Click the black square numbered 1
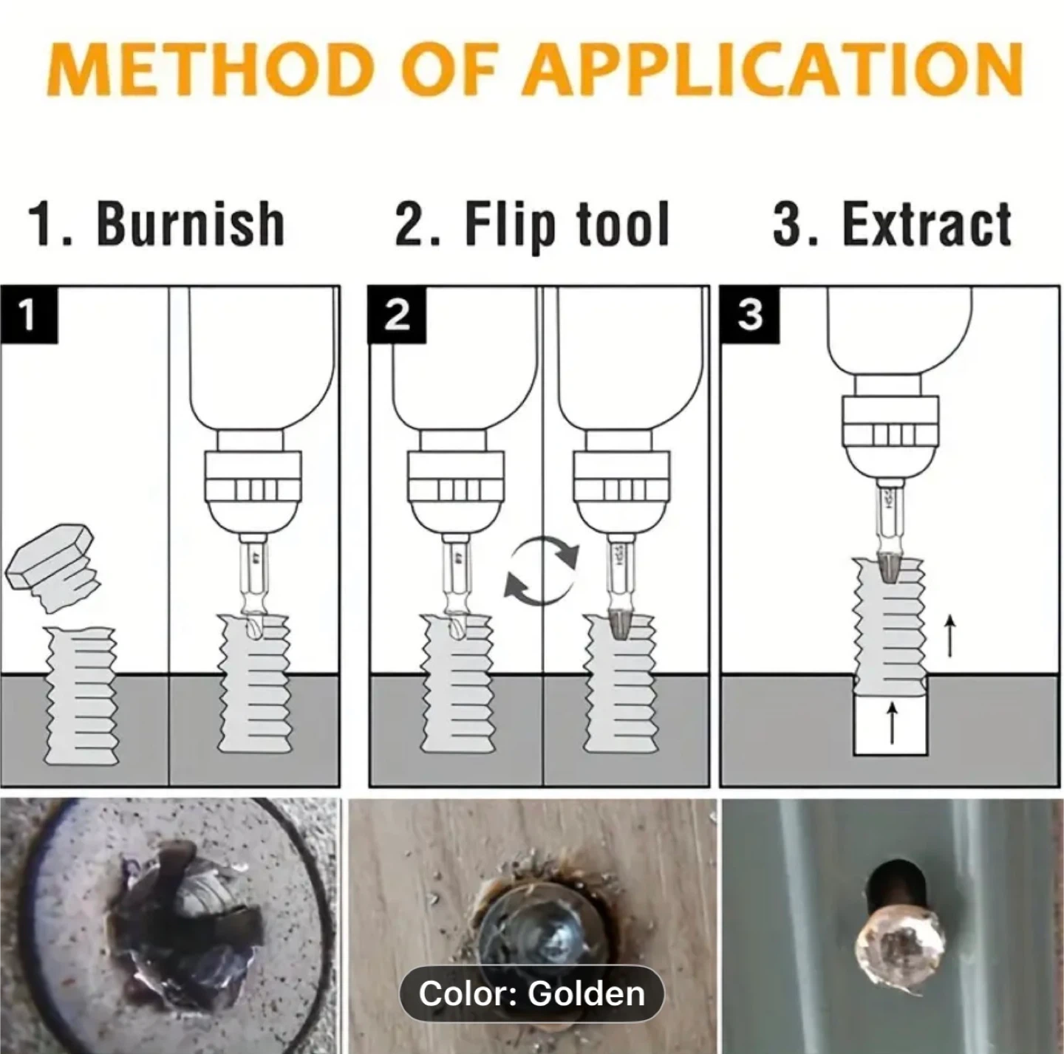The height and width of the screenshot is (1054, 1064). pos(30,315)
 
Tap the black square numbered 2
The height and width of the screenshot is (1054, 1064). pos(398,315)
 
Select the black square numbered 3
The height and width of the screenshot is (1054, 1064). pos(750,315)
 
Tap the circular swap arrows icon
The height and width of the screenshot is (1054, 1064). pos(542,570)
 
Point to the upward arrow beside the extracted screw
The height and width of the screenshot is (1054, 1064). pos(949,637)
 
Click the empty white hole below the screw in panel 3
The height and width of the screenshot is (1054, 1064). pos(890,723)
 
